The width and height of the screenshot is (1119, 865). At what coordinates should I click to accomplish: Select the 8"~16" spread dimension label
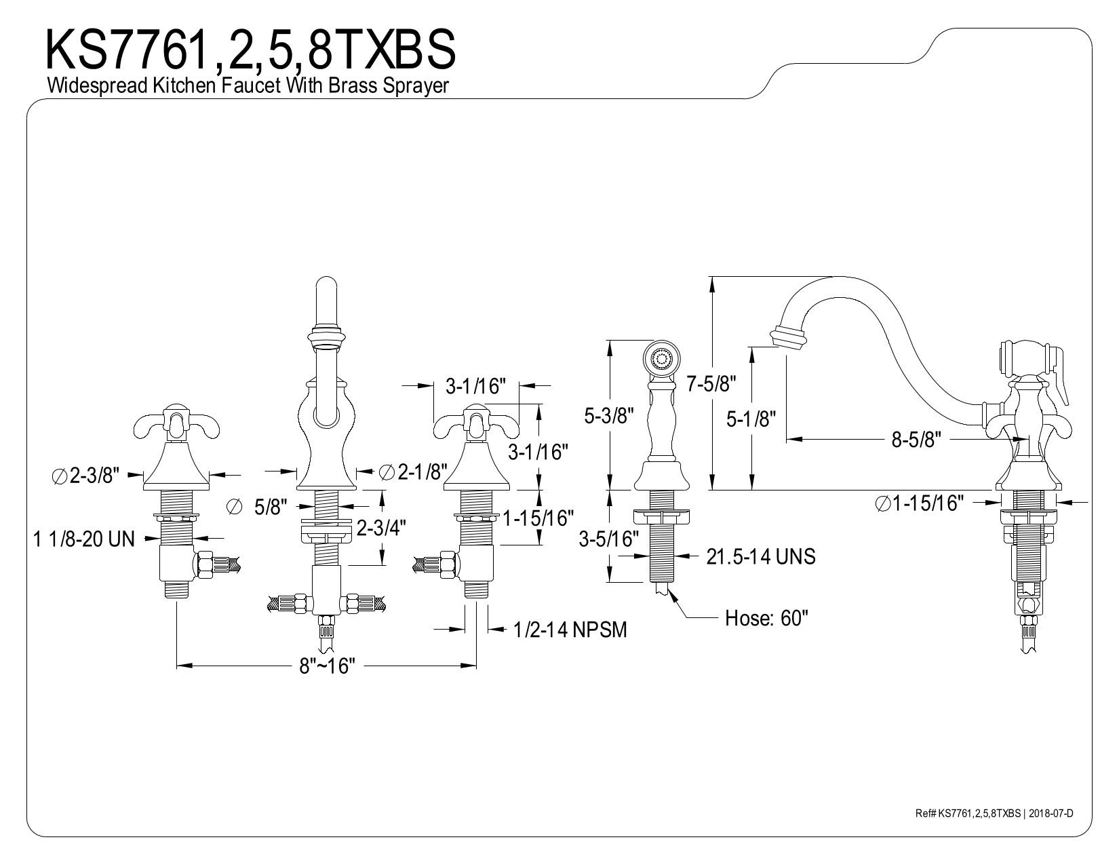click(x=328, y=666)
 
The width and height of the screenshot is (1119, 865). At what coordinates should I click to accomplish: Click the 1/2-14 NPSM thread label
click(x=570, y=630)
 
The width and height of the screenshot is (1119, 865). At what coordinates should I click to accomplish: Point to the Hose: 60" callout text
click(x=766, y=618)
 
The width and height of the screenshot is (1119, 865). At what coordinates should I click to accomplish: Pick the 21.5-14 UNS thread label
click(x=761, y=556)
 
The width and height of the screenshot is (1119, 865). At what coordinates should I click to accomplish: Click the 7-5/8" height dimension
click(x=711, y=383)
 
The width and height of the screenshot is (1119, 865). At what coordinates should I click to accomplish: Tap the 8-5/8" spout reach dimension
click(x=916, y=440)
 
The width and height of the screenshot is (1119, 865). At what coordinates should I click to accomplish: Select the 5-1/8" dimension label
click(x=751, y=419)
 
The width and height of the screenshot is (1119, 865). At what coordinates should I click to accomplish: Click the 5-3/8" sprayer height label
click(x=609, y=415)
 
